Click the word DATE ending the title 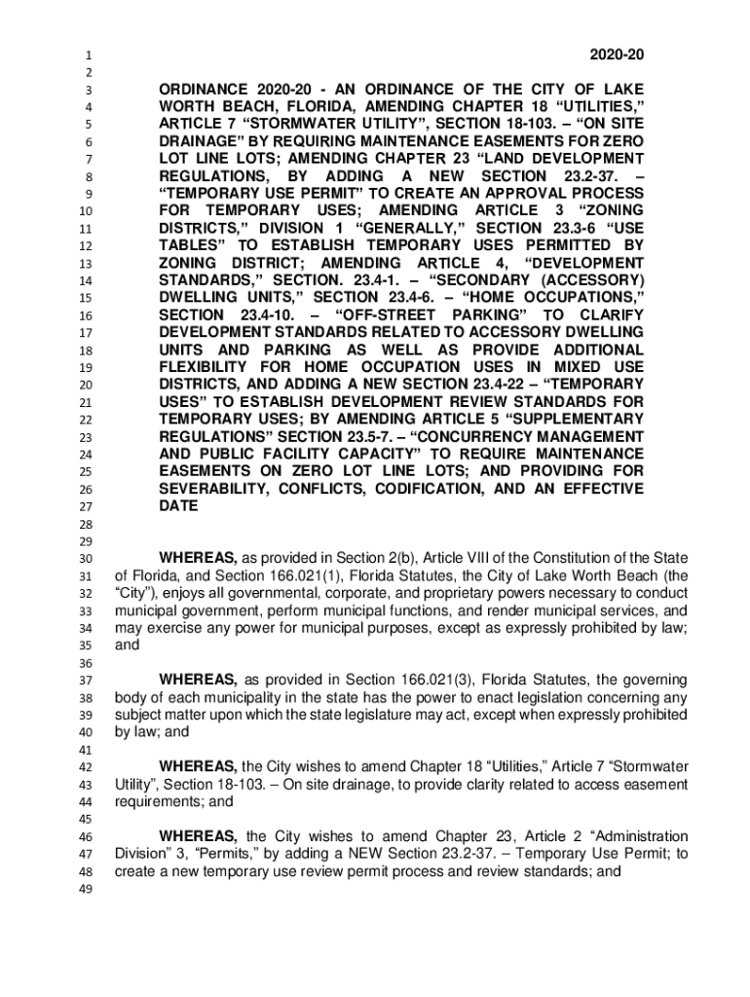(178, 506)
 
